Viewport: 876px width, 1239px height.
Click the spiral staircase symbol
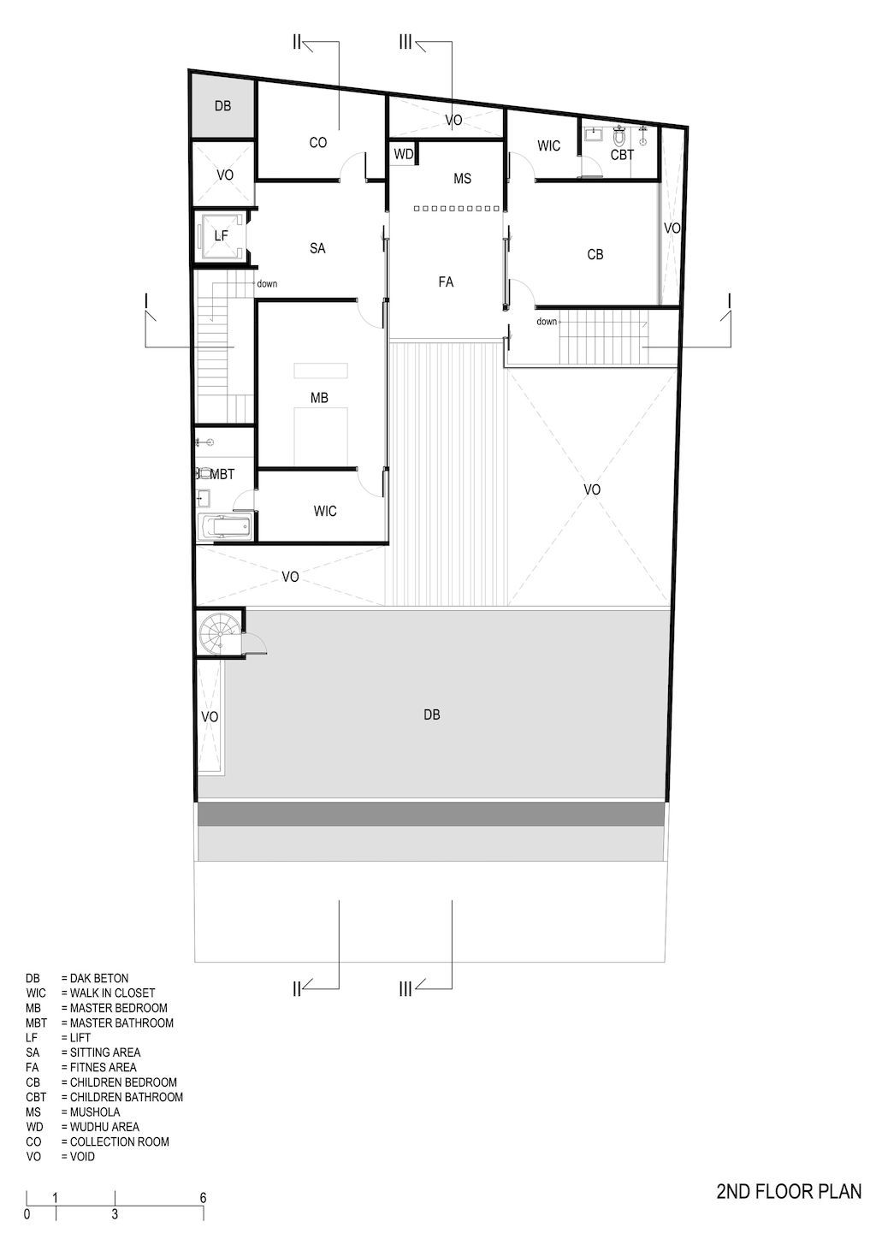pos(215,635)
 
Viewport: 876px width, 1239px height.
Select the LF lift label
pos(221,235)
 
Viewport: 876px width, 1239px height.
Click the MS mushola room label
pos(462,179)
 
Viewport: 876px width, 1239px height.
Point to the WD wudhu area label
pos(403,154)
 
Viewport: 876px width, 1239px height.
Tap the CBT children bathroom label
pos(622,155)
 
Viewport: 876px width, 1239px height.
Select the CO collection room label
pos(317,143)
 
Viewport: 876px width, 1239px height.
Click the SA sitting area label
pos(317,248)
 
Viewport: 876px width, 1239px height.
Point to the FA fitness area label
pos(445,282)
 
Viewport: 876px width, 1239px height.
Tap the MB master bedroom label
pos(319,398)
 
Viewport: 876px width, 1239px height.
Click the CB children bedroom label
pos(595,254)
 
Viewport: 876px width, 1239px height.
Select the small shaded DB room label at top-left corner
pos(222,106)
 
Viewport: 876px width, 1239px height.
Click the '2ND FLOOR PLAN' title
pos(789,1190)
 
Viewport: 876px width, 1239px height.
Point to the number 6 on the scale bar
pos(203,1198)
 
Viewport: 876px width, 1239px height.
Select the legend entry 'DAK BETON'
pos(95,978)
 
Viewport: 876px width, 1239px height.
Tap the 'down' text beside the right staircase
pos(547,322)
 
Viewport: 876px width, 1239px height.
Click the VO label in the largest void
pos(591,490)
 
